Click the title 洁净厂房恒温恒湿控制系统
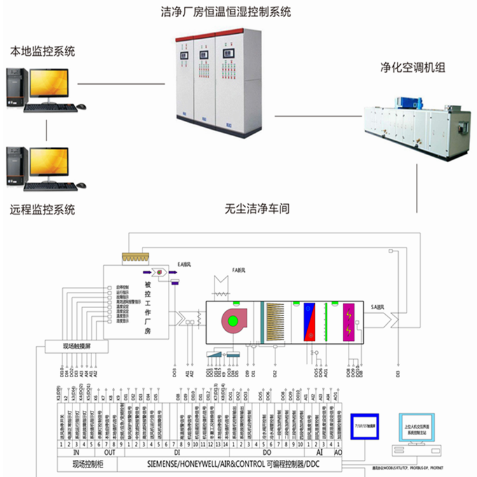point(228,11)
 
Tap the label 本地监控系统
point(43,51)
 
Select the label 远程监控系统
point(43,209)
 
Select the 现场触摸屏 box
point(76,347)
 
